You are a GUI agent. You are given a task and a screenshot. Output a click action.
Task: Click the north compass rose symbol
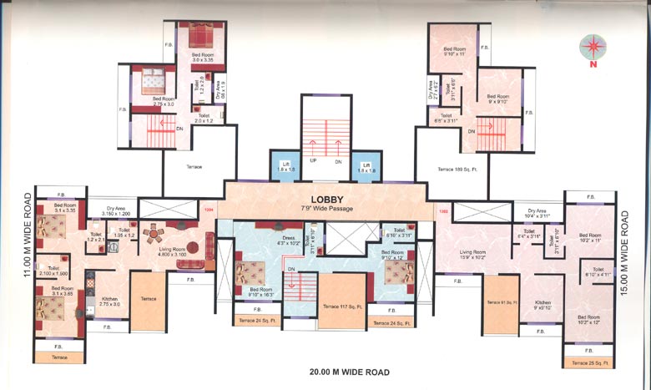click(594, 45)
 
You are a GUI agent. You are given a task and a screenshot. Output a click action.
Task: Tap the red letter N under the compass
click(594, 63)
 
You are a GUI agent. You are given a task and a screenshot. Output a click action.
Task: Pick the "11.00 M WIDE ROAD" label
click(27, 236)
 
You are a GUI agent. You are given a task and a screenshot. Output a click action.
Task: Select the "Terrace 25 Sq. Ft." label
click(592, 363)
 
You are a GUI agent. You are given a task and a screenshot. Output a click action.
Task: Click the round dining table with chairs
click(153, 236)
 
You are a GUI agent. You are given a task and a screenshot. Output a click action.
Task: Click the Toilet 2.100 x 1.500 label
click(53, 271)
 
